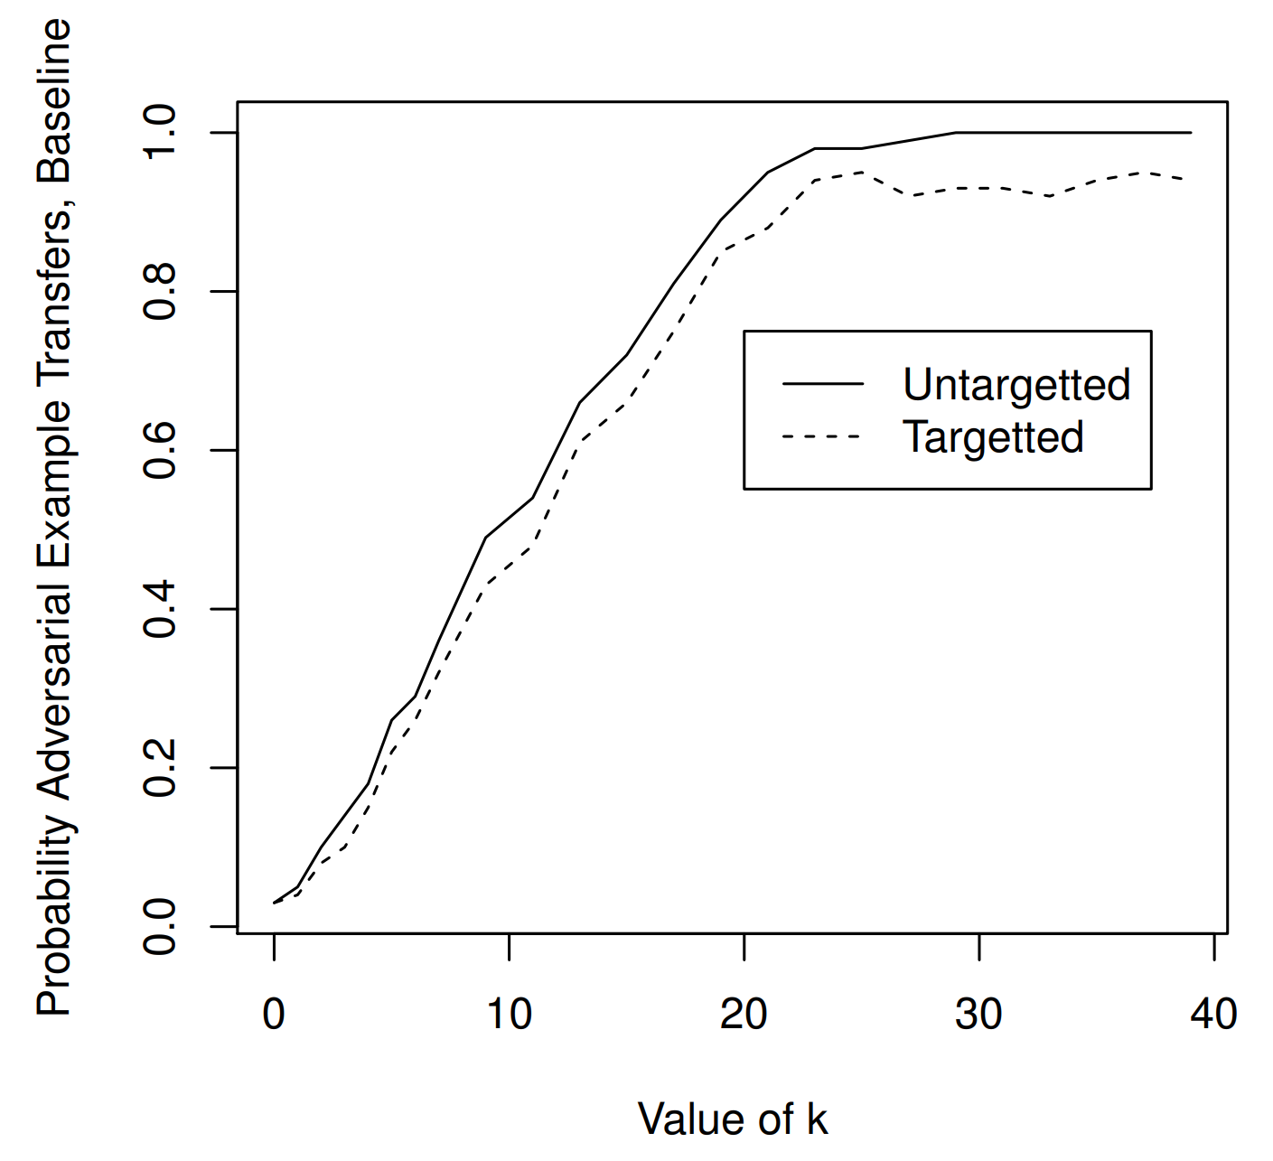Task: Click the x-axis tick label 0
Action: click(x=274, y=1014)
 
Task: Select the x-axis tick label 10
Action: click(x=509, y=1014)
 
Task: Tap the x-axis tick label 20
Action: click(x=744, y=1014)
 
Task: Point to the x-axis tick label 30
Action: click(x=978, y=1014)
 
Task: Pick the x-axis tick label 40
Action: click(x=1213, y=1014)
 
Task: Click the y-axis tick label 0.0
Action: click(x=162, y=926)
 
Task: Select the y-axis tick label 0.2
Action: click(x=162, y=768)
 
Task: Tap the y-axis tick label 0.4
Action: click(x=162, y=609)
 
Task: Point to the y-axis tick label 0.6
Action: click(x=162, y=450)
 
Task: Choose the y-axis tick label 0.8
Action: click(x=162, y=292)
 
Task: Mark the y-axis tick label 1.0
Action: click(x=162, y=133)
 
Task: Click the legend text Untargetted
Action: click(x=1016, y=385)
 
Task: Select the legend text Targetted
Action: click(x=993, y=437)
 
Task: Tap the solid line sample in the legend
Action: click(x=823, y=384)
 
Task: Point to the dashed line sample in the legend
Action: click(x=823, y=436)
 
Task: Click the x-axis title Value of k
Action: click(x=733, y=1119)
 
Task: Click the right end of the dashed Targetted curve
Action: click(x=1189, y=179)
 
